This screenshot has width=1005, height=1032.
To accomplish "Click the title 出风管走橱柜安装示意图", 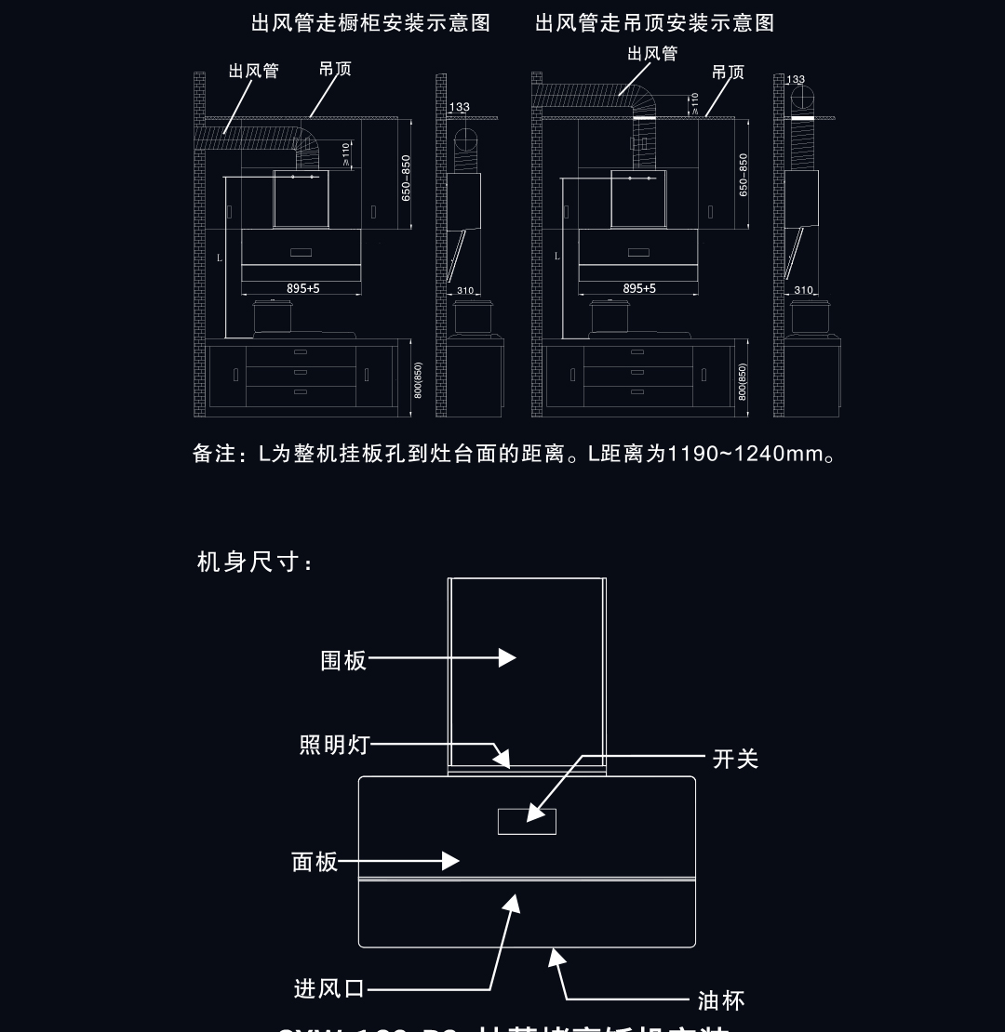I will (x=370, y=23).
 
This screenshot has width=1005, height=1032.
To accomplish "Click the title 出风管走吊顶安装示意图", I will (x=654, y=23).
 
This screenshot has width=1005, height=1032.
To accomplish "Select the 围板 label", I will (x=343, y=660).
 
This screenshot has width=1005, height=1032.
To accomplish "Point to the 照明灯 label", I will (x=334, y=745).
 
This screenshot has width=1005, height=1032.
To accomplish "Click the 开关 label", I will (x=735, y=759).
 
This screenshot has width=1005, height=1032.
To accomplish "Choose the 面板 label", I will (x=315, y=862).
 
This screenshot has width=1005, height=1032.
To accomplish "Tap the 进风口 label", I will (x=329, y=988).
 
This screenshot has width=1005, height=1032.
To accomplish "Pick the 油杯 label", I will (x=721, y=1000).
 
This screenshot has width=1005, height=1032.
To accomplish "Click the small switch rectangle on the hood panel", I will (x=527, y=822).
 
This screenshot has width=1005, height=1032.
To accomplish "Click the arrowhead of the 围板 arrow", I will (x=508, y=657).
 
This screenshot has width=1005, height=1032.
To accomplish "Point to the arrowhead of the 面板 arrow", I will (x=451, y=862).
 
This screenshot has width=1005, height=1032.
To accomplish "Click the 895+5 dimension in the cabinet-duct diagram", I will (x=302, y=289).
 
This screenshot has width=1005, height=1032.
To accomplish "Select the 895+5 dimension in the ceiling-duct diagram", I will (x=639, y=289).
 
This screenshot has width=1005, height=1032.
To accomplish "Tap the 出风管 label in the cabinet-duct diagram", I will (x=253, y=72).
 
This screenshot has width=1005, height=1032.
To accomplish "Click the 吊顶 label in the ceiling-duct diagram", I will (x=728, y=73).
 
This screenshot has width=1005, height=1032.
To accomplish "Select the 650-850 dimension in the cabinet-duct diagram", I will (x=406, y=178).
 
